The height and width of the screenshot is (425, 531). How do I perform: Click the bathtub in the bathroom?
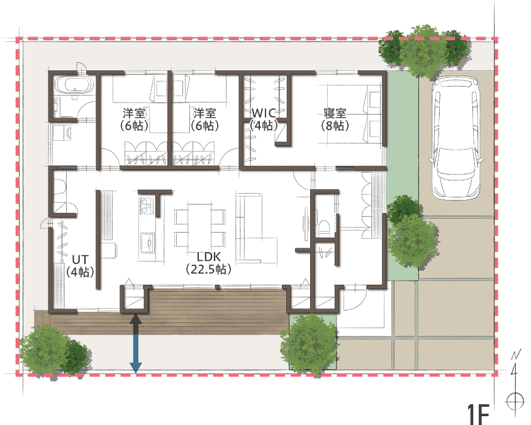point(74,84)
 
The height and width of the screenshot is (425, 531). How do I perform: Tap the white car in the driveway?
point(456,137)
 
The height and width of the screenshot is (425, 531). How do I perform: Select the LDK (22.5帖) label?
point(209,263)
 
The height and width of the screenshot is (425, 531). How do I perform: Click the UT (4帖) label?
point(81,266)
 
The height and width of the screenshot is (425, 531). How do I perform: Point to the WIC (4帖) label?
point(264,119)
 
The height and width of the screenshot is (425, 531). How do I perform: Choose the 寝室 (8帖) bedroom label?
point(335,119)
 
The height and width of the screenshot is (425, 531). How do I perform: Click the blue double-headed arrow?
point(136,343)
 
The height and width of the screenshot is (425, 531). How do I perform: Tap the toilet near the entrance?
point(324,228)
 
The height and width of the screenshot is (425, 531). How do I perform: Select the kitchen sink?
point(148,242)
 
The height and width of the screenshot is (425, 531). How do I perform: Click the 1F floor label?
point(478,414)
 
